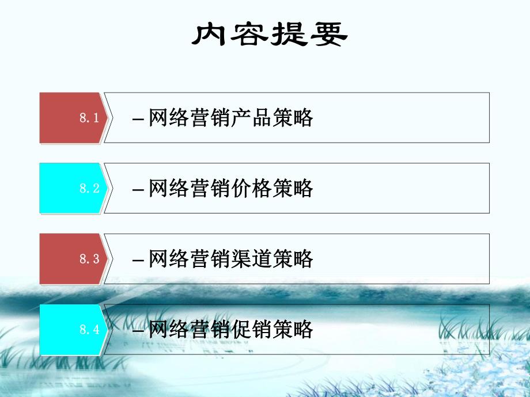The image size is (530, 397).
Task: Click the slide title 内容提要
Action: pyautogui.click(x=269, y=36)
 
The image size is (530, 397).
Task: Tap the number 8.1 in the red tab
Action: pyautogui.click(x=89, y=118)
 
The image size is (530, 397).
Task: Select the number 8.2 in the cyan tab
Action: pyautogui.click(x=89, y=188)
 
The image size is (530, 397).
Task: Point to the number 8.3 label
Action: pyautogui.click(x=89, y=259)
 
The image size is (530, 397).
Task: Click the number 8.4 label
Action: pyautogui.click(x=89, y=330)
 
